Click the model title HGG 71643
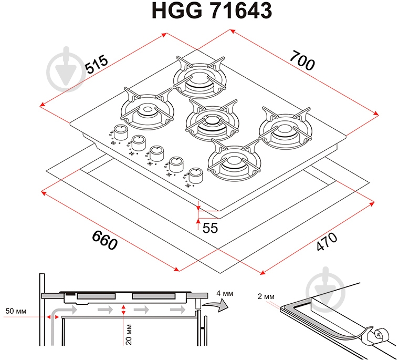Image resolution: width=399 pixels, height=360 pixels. point(212,11)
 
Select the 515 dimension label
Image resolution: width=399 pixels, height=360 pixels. point(97,64)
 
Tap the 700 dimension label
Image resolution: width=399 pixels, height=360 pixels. point(302,60)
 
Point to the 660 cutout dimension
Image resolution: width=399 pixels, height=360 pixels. point(104,240)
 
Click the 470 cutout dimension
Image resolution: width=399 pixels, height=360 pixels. point(327,241)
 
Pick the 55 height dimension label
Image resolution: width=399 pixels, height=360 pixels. point(210,228)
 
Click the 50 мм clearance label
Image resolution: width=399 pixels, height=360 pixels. point(16,311)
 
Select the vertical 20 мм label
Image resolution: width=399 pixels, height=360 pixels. point(129,334)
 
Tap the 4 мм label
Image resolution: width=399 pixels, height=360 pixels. point(225,293)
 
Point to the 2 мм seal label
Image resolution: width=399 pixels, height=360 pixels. point(266,296)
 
